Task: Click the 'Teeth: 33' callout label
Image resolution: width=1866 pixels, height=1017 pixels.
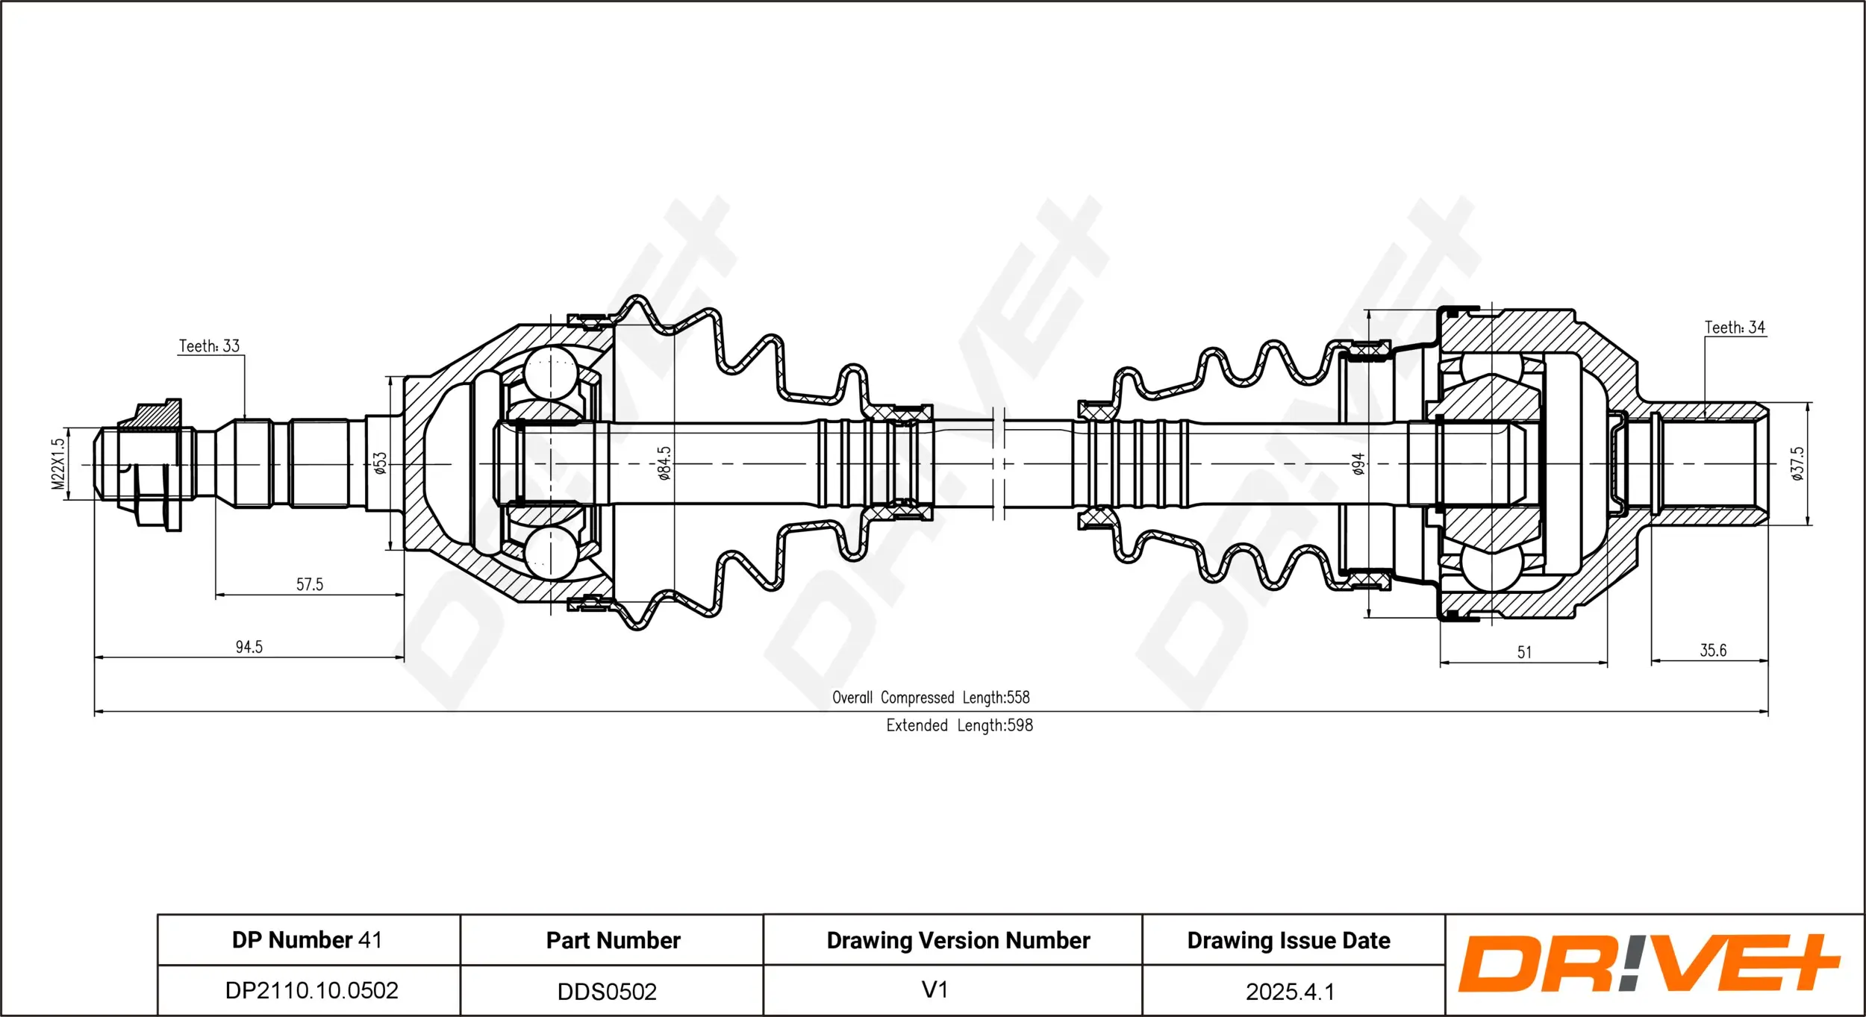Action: click(x=209, y=346)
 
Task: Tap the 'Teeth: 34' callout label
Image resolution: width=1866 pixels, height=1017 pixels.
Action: click(x=1735, y=328)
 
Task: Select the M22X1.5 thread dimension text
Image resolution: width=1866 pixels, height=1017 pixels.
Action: click(x=58, y=464)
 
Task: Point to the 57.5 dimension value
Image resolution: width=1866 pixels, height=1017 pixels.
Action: click(x=310, y=584)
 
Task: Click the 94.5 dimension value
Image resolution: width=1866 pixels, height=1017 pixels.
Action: click(x=249, y=647)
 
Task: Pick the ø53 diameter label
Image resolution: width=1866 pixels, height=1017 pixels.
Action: click(x=381, y=463)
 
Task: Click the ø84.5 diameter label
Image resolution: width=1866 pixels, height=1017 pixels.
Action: click(x=664, y=463)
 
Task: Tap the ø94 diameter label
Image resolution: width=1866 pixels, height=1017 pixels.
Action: click(x=1358, y=464)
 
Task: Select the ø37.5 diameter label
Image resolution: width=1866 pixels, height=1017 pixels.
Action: click(x=1797, y=463)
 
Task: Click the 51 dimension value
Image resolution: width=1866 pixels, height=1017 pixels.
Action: click(x=1524, y=652)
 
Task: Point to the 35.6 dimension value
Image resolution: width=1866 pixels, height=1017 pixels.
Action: click(x=1713, y=650)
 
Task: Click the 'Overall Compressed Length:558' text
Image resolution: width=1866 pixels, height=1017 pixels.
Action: click(x=931, y=698)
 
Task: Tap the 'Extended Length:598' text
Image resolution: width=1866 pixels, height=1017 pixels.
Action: click(x=959, y=725)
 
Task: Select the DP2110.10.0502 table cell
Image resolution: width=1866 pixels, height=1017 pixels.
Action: click(x=311, y=990)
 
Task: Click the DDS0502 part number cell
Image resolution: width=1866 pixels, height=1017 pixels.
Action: click(x=607, y=991)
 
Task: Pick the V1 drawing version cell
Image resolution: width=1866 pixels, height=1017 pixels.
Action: click(x=934, y=989)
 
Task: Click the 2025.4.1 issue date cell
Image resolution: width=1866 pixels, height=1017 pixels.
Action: click(x=1290, y=991)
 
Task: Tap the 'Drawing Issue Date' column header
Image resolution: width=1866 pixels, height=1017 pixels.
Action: click(x=1288, y=940)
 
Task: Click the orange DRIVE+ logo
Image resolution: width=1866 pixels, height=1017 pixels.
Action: click(x=1650, y=963)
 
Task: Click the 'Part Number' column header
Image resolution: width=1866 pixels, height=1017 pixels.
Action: click(x=613, y=940)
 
